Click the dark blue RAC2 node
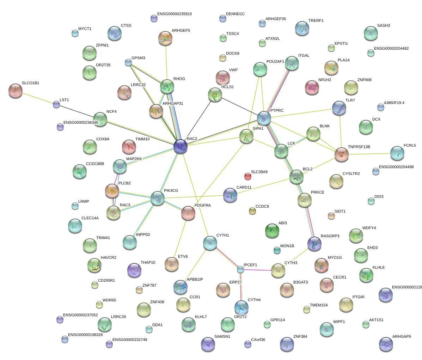pos(181,146)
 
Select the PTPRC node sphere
pos(264,118)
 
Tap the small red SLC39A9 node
pos(248,176)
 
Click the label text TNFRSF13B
pos(359,147)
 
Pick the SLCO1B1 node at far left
pos(15,91)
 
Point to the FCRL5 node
pos(397,153)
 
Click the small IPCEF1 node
pos(240,269)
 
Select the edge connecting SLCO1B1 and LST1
pos(36,98)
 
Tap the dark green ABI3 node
pos(272,231)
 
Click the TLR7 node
pos(339,108)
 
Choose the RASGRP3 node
pos(314,243)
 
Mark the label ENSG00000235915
pos(175,14)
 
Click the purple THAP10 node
pos(134,270)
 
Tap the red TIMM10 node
pos(129,147)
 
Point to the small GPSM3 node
pos(128,63)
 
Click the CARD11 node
pos(230,195)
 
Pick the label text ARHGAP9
pos(401,336)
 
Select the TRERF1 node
pos(302,29)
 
